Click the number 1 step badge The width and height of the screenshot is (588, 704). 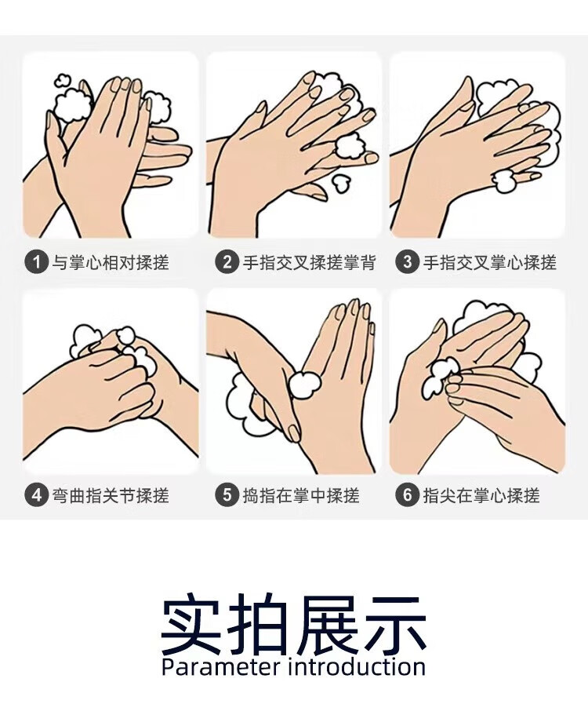[36, 262]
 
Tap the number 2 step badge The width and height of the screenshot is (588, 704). [227, 262]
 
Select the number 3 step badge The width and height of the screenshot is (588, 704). [407, 262]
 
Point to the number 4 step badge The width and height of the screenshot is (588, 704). [36, 495]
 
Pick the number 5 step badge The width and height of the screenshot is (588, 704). [227, 495]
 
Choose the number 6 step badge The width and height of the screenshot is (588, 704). [407, 495]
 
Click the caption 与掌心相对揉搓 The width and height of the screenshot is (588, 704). [111, 262]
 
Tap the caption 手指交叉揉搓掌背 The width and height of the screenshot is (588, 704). [310, 262]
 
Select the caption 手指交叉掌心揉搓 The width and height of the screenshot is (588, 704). [490, 262]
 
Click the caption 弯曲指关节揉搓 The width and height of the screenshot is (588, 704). [111, 496]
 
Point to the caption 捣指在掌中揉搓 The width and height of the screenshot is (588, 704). [301, 496]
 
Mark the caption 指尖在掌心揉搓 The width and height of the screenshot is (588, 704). [481, 496]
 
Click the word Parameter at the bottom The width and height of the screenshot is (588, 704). [220, 667]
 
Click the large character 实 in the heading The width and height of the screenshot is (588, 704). [191, 624]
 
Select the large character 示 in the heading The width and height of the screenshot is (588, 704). [394, 624]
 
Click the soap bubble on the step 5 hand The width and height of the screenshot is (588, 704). [304, 385]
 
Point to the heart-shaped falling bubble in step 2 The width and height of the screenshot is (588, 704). [340, 183]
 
